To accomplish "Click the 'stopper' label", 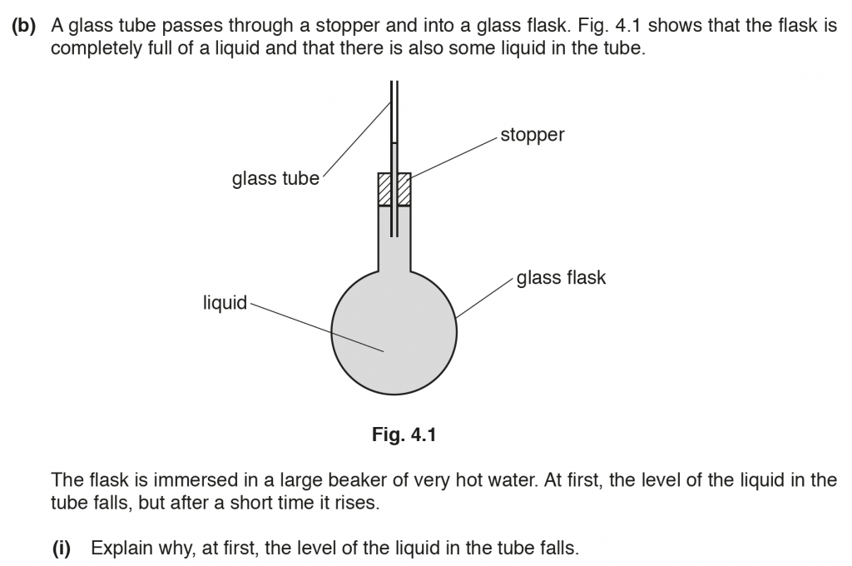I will (x=532, y=135).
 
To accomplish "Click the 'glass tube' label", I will (x=275, y=179).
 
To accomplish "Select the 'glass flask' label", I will (x=561, y=277).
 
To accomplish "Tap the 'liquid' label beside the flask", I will (x=225, y=303).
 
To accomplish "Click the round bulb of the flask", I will (x=394, y=333).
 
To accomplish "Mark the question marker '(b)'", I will (x=25, y=26).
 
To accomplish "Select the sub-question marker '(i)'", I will (x=64, y=549).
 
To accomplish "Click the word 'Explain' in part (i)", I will (x=118, y=549).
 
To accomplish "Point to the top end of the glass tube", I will (x=394, y=83).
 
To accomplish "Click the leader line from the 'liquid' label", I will (x=316, y=327).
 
